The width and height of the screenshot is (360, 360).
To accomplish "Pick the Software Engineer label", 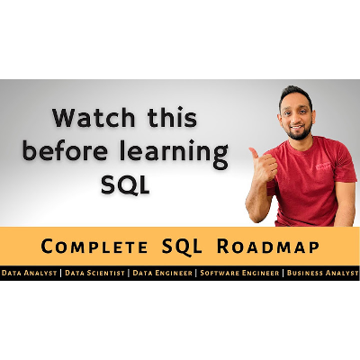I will click(239, 272).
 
